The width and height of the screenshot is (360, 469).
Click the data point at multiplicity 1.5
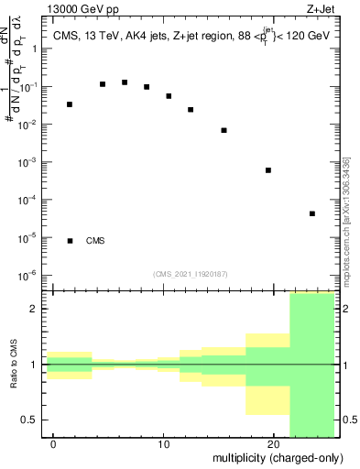(x=70, y=104)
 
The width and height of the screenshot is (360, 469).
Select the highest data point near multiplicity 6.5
(x=125, y=82)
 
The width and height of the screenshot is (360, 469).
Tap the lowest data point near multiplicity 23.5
(x=312, y=213)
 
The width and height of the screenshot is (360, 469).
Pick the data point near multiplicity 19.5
(x=268, y=170)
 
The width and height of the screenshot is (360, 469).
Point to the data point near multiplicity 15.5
(x=224, y=130)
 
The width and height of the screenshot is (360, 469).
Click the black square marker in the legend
(x=71, y=241)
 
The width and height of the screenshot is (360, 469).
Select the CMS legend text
(x=95, y=241)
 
